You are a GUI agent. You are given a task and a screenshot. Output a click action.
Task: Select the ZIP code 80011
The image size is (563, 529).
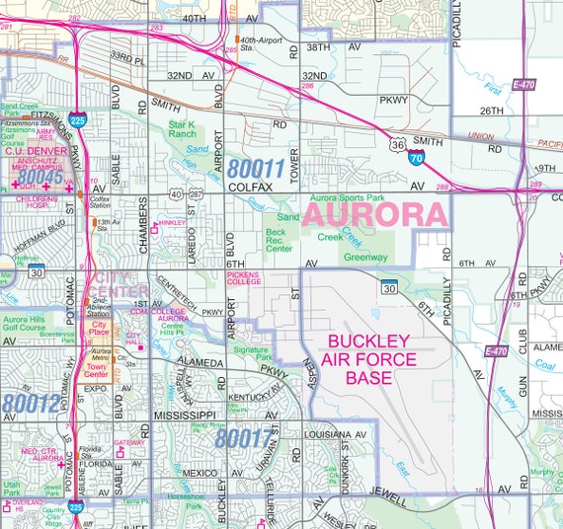click(255, 168)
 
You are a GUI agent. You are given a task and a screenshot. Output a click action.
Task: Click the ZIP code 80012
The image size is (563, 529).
click(30, 403)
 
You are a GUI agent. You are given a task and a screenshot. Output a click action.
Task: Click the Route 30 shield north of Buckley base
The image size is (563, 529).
click(389, 288)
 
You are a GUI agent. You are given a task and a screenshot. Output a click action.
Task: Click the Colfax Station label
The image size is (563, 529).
click(100, 202)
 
